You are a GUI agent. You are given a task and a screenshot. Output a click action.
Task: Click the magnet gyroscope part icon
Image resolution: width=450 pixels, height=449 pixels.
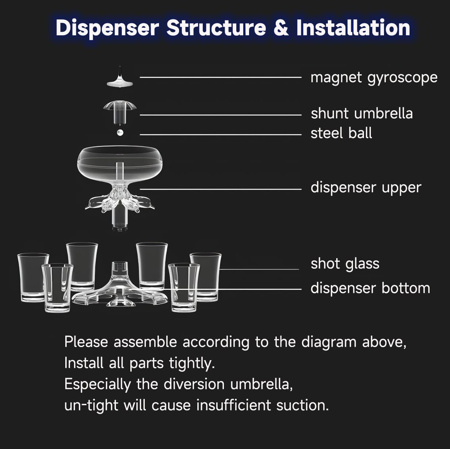(120, 78)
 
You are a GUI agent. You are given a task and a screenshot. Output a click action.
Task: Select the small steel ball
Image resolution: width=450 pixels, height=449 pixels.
(120, 133)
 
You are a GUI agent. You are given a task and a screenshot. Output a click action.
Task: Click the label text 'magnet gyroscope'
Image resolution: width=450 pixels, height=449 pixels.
(373, 78)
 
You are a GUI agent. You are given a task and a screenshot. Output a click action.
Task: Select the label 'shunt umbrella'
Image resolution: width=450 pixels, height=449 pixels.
(361, 114)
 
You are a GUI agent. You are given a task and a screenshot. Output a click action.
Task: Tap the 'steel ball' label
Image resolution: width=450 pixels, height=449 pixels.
(341, 133)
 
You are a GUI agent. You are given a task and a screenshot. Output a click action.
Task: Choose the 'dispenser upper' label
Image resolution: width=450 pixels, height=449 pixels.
(365, 188)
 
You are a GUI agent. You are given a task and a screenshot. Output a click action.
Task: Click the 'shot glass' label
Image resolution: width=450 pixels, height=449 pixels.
(345, 264)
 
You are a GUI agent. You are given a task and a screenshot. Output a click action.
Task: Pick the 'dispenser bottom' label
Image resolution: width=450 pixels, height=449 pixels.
(370, 288)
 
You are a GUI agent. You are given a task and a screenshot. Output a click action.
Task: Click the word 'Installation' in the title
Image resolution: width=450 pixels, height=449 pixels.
(353, 28)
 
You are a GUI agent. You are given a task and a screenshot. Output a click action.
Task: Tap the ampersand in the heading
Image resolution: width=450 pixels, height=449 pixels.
(281, 28)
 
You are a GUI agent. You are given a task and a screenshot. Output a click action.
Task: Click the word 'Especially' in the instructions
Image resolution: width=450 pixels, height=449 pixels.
(97, 385)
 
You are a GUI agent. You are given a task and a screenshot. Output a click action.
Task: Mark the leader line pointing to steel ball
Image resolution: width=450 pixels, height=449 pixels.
(220, 134)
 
